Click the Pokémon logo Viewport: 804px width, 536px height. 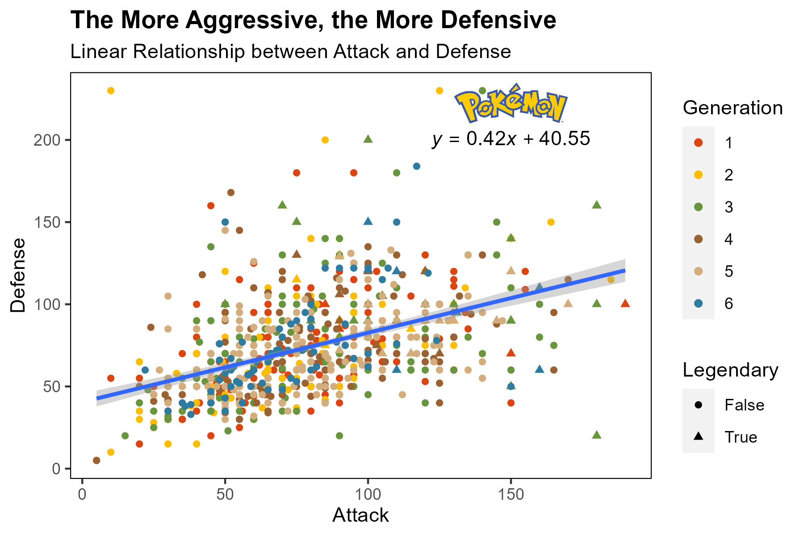coord(511,104)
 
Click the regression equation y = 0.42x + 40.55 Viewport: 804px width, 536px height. coord(511,139)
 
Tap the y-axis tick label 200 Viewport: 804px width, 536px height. coord(46,140)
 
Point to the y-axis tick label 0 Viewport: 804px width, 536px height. coord(56,469)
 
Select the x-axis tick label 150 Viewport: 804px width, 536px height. coord(511,495)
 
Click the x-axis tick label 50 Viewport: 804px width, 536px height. coord(225,495)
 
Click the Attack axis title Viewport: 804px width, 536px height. coord(360,515)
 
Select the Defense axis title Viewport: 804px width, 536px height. coord(19,275)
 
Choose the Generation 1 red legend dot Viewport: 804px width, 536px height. coord(699,143)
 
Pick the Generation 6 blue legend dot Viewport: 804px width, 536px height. coord(699,303)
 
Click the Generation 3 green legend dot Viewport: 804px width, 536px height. coord(699,207)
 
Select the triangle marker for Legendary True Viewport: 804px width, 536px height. coord(699,436)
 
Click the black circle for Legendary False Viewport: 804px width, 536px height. coord(699,405)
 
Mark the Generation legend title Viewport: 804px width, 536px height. coord(733,108)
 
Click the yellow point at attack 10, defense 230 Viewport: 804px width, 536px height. coord(111,91)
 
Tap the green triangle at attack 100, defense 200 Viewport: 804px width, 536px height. coord(368,139)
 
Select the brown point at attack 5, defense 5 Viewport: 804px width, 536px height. coord(96,461)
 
